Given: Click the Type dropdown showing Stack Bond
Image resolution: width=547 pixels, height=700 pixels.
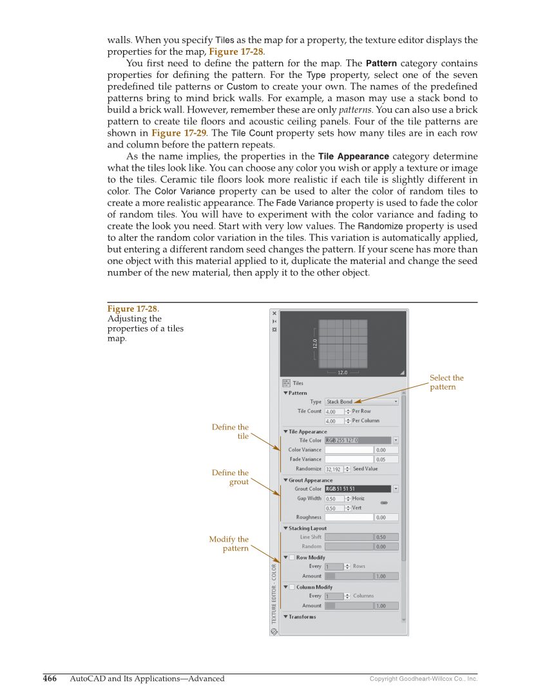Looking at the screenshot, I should coord(361,402).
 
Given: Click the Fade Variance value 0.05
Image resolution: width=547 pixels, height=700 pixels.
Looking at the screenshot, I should coord(387,460).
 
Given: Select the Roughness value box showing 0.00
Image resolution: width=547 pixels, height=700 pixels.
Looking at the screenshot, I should coord(387,517).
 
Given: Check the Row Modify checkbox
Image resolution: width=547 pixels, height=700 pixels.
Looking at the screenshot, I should coord(292,558).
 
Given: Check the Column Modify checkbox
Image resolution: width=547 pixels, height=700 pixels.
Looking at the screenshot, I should coord(292,587).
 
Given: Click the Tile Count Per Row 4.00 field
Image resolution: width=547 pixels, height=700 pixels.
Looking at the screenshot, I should coord(334,411).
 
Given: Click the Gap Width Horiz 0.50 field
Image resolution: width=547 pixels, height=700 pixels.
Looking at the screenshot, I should coord(334,498).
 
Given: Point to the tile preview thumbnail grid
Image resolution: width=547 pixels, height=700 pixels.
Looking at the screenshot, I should coord(343,343).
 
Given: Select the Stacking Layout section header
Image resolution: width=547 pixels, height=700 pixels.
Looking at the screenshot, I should coord(307,528).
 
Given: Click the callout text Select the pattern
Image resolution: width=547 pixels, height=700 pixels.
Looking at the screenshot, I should coord(446,383).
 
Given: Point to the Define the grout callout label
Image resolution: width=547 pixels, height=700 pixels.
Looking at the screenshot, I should coord(230,477).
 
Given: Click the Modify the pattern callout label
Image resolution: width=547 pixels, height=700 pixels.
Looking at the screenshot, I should coord(229,544).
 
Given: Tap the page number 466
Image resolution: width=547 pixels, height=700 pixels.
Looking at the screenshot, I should coord(50,679).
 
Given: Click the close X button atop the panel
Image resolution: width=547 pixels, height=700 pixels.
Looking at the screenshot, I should coord(274,314).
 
